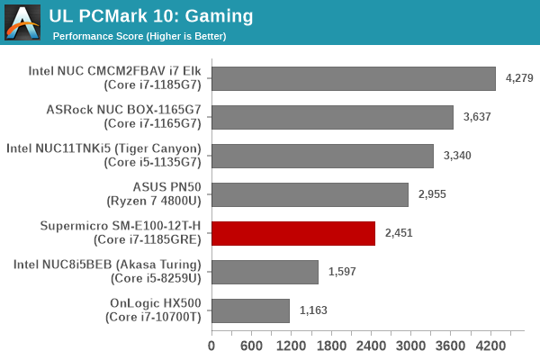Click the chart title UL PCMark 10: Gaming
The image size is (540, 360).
click(x=151, y=16)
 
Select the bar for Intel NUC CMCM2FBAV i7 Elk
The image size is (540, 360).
click(x=354, y=78)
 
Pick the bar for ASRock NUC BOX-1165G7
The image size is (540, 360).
click(x=332, y=117)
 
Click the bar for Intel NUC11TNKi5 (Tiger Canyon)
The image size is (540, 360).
click(x=322, y=156)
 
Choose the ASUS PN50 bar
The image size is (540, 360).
click(x=310, y=194)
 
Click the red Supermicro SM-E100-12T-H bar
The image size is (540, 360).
click(x=292, y=233)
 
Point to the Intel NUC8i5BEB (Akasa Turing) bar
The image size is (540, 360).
click(x=265, y=272)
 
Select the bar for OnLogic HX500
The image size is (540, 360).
click(x=250, y=310)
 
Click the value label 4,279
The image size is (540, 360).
click(x=519, y=78)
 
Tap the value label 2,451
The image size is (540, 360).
click(x=399, y=233)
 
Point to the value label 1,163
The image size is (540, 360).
click(x=313, y=310)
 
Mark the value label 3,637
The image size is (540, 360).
click(x=477, y=117)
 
